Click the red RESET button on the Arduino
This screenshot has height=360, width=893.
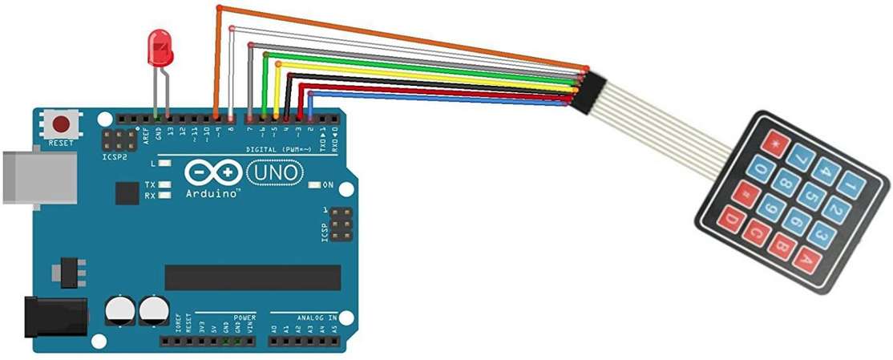tap(60, 123)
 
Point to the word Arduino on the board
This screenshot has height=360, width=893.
tap(213, 194)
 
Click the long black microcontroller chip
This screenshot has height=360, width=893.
tap(253, 277)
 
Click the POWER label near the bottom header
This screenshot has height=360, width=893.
tap(244, 318)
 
